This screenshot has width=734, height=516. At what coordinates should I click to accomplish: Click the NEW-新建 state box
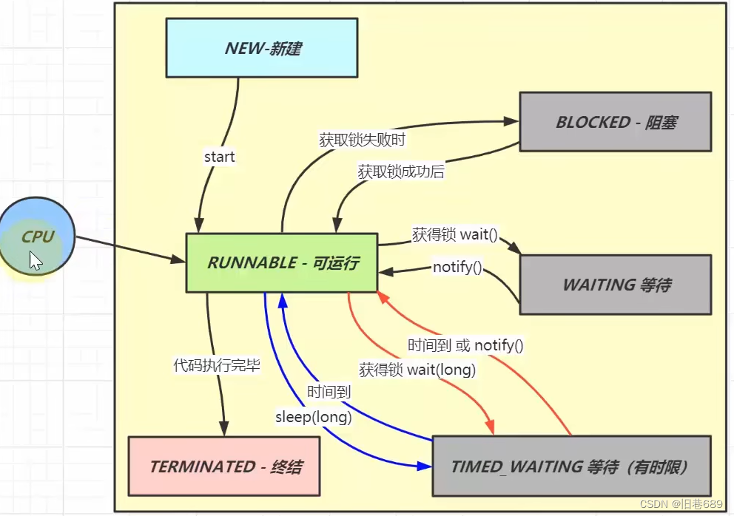262,48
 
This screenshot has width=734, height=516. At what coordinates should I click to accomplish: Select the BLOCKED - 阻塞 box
616,122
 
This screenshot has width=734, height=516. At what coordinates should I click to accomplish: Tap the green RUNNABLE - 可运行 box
282,262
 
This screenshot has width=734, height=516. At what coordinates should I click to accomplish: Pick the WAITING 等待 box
616,285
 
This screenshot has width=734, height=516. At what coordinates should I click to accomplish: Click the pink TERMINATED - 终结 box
224,466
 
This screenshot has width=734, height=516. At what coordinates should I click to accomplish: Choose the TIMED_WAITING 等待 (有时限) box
571,466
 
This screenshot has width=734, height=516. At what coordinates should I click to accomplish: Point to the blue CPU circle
36,237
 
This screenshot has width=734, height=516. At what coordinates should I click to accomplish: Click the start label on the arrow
219,157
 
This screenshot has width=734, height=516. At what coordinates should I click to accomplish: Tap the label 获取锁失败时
362,140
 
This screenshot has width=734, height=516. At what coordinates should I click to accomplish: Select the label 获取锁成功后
401,172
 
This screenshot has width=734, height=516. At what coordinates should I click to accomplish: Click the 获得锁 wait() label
454,234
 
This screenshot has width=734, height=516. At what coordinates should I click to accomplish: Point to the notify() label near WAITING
457,267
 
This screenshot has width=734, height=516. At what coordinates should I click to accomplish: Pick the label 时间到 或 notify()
465,345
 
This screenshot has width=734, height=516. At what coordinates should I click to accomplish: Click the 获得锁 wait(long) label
417,370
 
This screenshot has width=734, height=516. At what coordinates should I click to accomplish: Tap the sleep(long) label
313,416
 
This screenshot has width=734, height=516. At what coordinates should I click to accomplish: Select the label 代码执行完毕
217,365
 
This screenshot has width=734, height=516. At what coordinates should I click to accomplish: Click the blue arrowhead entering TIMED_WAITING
425,466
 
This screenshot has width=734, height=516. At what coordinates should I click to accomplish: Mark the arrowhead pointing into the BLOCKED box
511,122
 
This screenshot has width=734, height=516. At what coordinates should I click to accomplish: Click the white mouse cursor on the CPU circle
36,261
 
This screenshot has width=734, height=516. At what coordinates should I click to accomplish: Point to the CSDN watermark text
681,504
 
